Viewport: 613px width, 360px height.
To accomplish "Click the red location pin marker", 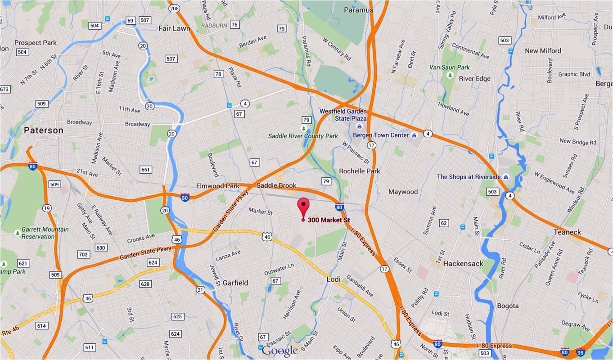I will pos(304,206).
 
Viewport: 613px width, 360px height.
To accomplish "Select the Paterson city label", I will pos(44,130).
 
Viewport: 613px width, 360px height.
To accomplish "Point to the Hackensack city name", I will pos(463,263).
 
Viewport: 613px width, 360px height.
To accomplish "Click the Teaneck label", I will pos(567,232).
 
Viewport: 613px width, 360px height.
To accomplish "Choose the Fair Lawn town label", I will pos(174,28).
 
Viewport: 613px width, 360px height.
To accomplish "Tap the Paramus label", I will pos(359,10).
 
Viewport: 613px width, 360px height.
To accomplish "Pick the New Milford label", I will pos(543,51).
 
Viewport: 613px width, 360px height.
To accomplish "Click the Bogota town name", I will pos(508,306).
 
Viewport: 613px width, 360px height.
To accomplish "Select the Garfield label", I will pos(235,283).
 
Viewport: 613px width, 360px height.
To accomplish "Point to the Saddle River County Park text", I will pos(303,136).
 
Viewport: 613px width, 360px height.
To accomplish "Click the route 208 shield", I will pos(174,8).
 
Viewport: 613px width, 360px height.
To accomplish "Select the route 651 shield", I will pos(146,170).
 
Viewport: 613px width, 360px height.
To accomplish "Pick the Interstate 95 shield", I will pos(581,352).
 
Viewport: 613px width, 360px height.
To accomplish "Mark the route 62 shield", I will pos(444,223).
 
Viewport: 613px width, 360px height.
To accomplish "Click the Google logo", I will pos(279,351).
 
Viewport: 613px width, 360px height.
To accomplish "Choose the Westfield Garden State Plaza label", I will pos(343,115).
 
